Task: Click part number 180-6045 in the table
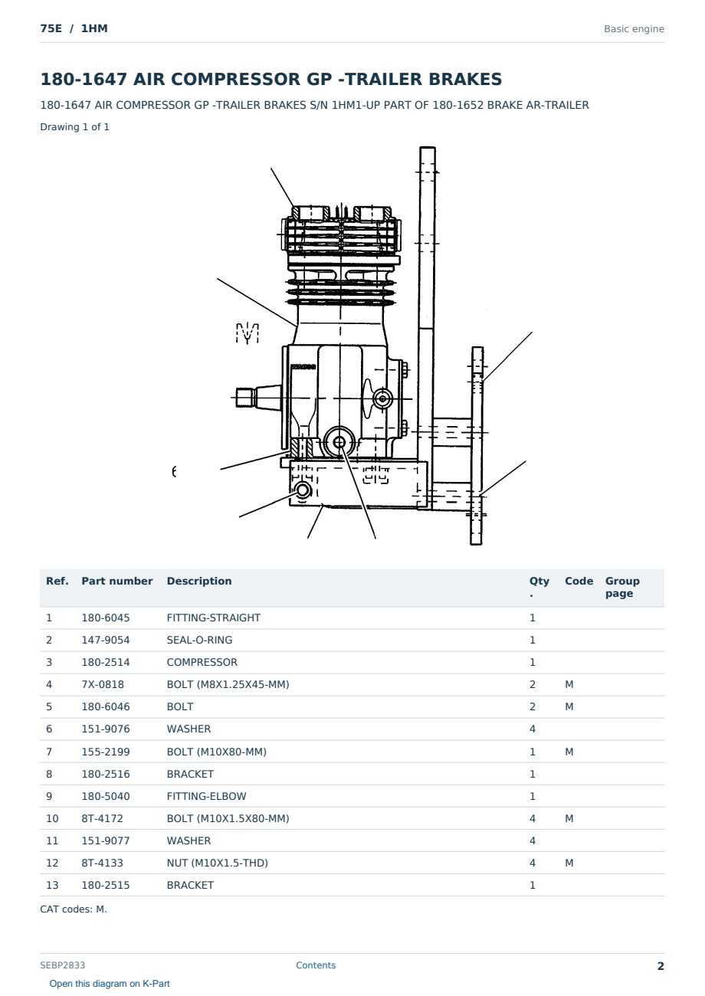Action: [106, 618]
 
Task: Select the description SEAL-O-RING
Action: [199, 640]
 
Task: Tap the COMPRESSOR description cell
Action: [202, 662]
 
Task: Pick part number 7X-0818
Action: [103, 684]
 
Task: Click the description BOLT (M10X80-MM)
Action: [216, 752]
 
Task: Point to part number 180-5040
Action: [106, 796]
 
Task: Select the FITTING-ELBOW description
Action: [206, 796]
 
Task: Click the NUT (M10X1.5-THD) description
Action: [217, 863]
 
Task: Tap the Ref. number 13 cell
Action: [52, 885]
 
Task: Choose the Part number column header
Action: [117, 582]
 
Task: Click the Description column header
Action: [198, 582]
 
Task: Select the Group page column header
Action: [622, 588]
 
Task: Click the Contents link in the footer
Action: [316, 965]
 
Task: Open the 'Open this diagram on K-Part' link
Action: [110, 984]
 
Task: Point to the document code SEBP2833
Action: [62, 965]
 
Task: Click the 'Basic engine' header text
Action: [634, 29]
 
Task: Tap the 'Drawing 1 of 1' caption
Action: [74, 127]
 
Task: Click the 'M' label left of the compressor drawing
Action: [248, 333]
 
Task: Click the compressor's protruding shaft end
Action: [244, 397]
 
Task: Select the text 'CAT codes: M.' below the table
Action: [74, 909]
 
